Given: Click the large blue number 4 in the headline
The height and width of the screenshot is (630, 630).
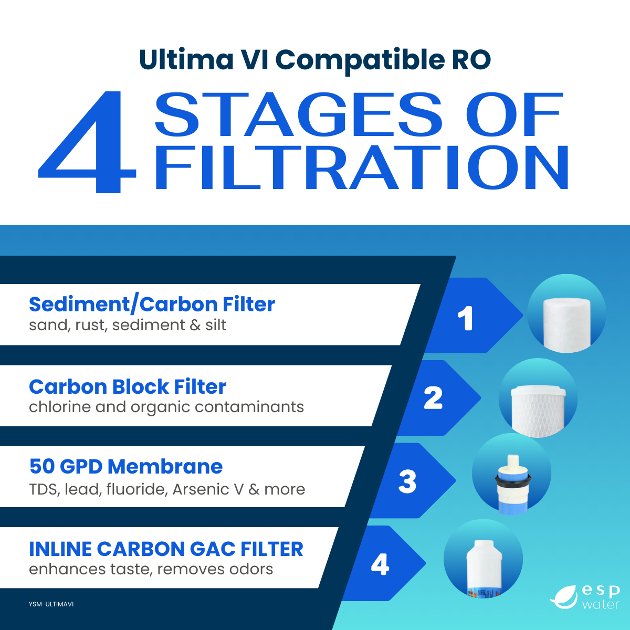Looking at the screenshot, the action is [x=88, y=142].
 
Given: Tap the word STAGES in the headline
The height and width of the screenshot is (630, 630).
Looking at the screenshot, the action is [x=298, y=114].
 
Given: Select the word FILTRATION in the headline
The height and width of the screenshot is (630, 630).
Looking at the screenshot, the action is [x=362, y=167].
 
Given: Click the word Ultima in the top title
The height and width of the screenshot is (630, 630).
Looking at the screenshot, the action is [x=186, y=59].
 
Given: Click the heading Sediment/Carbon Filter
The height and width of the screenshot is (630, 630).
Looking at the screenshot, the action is [x=152, y=304].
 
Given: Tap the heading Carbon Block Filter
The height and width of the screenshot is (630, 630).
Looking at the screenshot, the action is [x=128, y=387].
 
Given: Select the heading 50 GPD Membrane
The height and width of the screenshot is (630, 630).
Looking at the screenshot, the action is [x=126, y=466].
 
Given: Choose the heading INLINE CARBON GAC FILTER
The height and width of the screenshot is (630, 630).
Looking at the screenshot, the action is [x=166, y=549].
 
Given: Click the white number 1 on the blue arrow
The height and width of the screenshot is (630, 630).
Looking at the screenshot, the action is [x=466, y=318].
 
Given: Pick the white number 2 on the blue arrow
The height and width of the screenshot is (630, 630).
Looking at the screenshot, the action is [x=433, y=397].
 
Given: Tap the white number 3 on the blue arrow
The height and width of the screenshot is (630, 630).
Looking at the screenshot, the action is [x=407, y=481].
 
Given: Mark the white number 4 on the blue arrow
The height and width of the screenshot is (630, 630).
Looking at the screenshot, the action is [x=380, y=564].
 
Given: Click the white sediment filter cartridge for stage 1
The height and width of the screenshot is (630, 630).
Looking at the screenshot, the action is [x=567, y=325].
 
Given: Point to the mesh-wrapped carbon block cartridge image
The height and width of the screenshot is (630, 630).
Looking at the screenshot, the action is [x=538, y=411].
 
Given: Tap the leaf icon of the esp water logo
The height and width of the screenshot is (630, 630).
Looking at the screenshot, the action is [x=564, y=597].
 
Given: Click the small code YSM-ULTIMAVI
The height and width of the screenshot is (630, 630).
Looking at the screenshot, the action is [x=51, y=604].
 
